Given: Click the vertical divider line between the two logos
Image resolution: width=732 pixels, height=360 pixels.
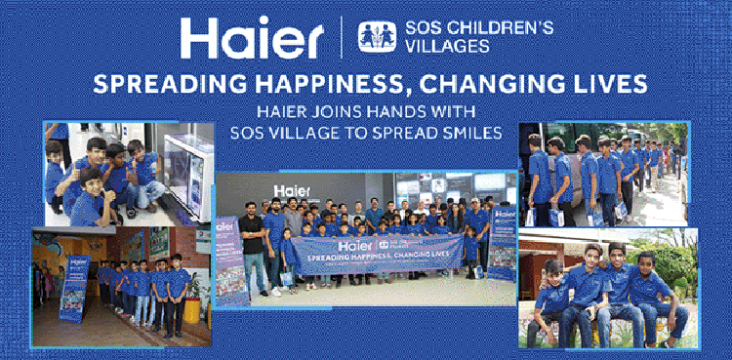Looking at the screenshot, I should coord(341,37).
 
